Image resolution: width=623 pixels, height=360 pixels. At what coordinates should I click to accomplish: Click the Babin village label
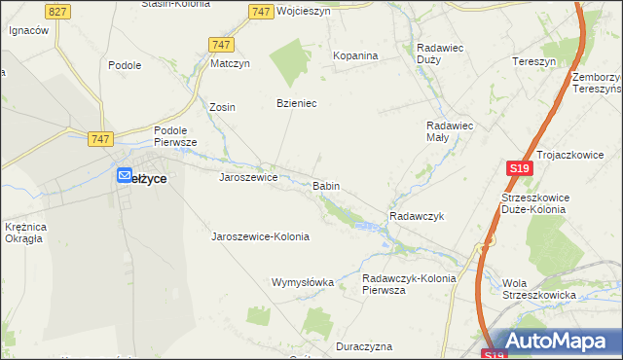click(326, 185)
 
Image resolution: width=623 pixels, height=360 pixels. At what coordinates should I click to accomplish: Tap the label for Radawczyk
click(416, 216)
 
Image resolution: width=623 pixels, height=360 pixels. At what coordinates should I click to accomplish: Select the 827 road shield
click(57, 11)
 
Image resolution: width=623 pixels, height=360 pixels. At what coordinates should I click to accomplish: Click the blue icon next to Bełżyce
click(125, 176)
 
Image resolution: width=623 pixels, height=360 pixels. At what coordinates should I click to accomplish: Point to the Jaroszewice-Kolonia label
click(260, 236)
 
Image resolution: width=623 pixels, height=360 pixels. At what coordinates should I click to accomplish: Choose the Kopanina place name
click(355, 55)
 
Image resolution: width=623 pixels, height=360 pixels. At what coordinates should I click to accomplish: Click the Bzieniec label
click(298, 103)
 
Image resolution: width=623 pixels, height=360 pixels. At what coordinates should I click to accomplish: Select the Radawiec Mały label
click(450, 131)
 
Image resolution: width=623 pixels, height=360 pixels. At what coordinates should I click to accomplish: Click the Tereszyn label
click(533, 60)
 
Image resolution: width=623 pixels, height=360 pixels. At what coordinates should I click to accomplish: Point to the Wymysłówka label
click(302, 282)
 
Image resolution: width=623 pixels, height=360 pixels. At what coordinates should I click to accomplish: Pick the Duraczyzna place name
click(363, 346)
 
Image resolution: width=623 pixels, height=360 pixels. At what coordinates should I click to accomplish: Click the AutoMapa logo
click(559, 341)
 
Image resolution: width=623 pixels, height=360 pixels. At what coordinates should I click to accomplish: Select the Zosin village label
click(223, 107)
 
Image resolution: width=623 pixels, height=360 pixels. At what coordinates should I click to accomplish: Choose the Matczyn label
click(231, 64)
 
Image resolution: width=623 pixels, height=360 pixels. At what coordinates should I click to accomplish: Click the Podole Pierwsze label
click(175, 135)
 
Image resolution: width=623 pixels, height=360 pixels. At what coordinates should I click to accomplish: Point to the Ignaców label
click(28, 30)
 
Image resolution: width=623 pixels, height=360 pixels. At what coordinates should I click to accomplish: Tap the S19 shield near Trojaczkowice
click(520, 168)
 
